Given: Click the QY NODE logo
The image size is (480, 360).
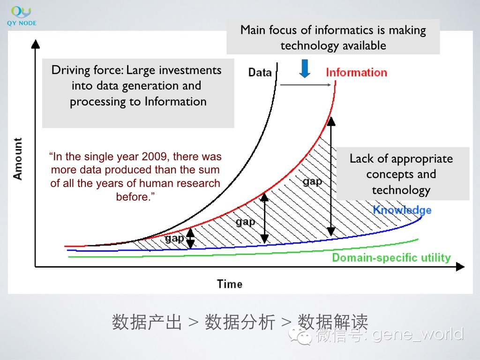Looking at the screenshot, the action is [x=22, y=16].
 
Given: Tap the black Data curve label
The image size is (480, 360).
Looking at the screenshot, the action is [x=260, y=73].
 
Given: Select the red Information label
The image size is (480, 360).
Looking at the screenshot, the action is [x=356, y=73].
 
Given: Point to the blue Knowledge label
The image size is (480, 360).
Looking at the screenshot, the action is [x=402, y=210].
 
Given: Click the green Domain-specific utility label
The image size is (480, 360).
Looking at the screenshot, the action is [x=391, y=258].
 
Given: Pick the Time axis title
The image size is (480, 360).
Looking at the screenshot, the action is [x=230, y=284].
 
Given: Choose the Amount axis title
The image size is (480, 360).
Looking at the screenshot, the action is [x=17, y=158].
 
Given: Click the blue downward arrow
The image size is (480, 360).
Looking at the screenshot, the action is [x=305, y=68].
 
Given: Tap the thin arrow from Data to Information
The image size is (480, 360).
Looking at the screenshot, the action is [x=306, y=85].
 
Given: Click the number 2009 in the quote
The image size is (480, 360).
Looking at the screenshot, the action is [x=154, y=157].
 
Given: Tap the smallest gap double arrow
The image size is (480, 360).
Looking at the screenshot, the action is [x=190, y=238].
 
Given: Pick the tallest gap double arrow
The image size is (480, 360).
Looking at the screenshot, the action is [x=331, y=176].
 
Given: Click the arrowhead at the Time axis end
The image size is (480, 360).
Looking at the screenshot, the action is [x=460, y=267].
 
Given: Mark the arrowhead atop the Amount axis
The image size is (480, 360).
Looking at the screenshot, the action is [x=36, y=44].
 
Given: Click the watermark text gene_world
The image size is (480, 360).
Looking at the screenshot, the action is [x=418, y=334].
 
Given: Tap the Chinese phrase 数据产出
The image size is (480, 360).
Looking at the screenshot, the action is [x=147, y=322].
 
